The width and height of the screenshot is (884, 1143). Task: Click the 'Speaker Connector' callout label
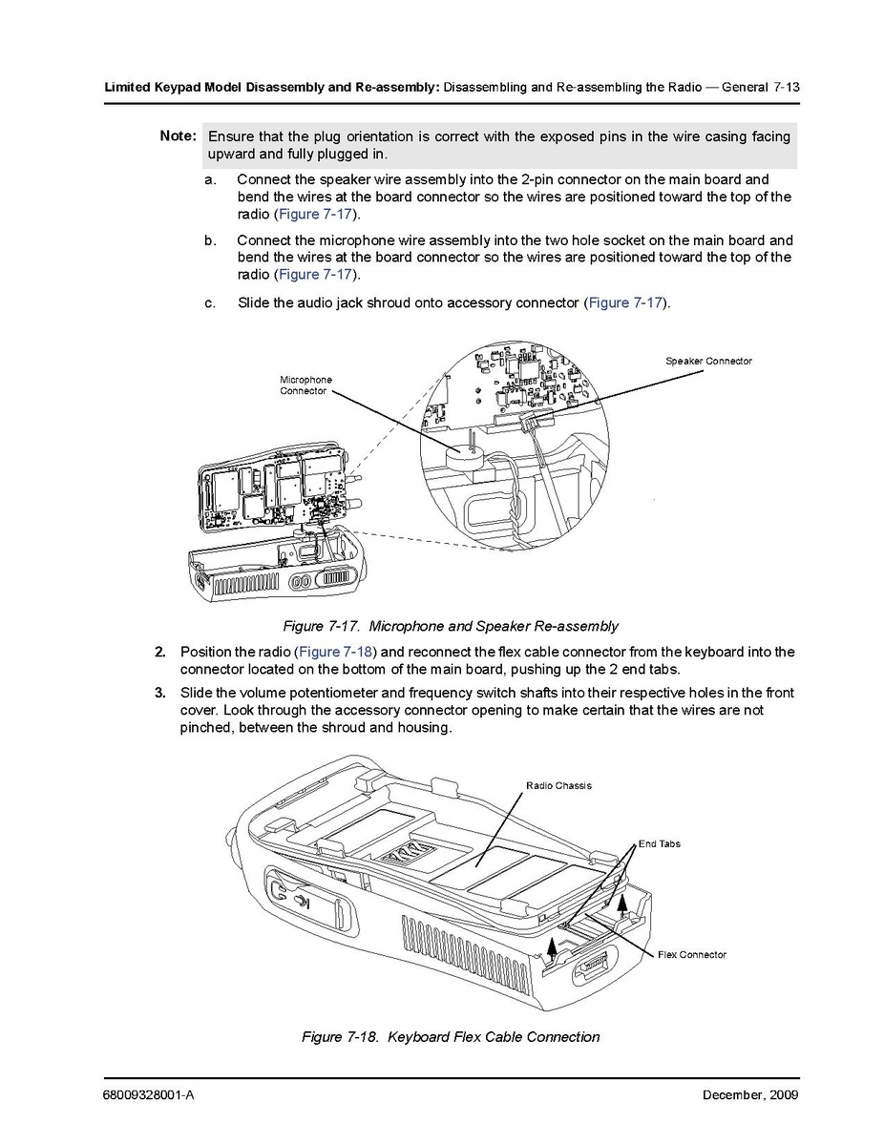click(x=708, y=361)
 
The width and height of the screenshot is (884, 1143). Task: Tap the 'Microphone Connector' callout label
click(x=305, y=384)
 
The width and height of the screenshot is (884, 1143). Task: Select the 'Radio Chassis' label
click(x=558, y=786)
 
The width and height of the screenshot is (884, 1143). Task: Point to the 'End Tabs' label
click(x=660, y=844)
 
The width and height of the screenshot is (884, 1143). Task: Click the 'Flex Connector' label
click(x=692, y=955)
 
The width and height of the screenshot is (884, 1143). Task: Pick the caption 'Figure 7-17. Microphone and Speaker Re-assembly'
click(x=451, y=626)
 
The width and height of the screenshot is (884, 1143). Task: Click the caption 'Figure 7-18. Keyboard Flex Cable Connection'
click(x=451, y=1036)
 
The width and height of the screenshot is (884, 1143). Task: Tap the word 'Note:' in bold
click(x=179, y=135)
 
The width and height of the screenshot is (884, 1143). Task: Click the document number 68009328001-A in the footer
click(x=149, y=1095)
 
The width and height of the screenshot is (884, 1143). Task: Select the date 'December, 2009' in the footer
click(x=750, y=1095)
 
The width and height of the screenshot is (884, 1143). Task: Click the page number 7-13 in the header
click(x=787, y=88)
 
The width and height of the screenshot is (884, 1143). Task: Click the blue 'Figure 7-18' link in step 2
click(x=335, y=652)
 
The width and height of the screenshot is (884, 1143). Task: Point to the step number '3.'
click(x=160, y=693)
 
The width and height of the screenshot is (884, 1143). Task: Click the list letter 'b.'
click(x=210, y=240)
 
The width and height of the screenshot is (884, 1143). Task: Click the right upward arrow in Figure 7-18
click(x=622, y=904)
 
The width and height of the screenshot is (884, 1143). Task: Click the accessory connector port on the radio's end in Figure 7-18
click(x=594, y=969)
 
